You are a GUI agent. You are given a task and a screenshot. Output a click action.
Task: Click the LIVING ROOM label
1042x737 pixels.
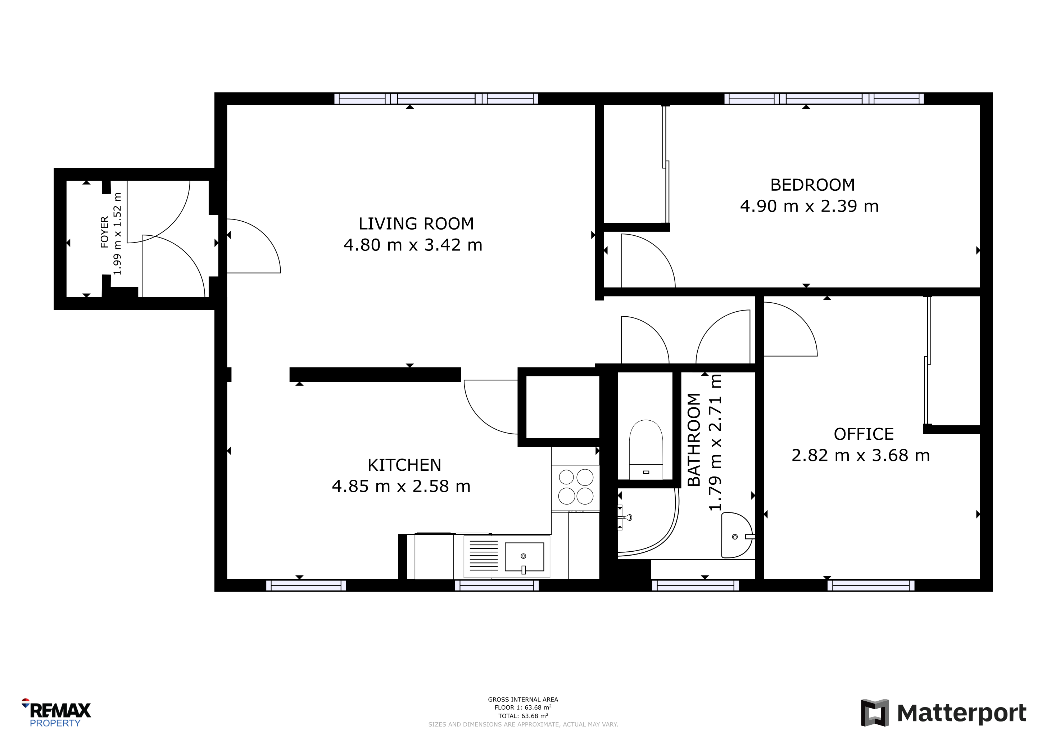[416, 224]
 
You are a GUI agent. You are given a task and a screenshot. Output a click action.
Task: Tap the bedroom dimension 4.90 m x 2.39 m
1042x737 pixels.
[809, 206]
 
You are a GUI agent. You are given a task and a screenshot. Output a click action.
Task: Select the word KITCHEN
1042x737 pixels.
[404, 465]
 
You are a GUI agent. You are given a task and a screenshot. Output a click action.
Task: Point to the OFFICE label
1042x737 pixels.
[864, 434]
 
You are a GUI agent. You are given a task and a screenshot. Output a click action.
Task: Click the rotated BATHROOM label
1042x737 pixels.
[694, 440]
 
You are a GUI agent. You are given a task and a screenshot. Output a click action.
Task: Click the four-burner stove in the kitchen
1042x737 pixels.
[575, 487]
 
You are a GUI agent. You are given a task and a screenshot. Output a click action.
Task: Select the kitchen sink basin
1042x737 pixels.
[524, 557]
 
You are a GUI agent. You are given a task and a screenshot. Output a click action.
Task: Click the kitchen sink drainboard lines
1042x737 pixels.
[484, 556]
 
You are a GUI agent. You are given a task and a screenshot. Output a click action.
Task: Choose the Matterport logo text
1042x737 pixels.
[962, 713]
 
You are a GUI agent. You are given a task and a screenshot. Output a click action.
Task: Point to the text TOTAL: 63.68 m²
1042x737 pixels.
[523, 716]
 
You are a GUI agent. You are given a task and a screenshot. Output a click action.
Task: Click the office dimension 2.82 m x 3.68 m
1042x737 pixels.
[860, 455]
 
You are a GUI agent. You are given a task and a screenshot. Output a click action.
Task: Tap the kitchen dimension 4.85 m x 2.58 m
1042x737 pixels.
[401, 486]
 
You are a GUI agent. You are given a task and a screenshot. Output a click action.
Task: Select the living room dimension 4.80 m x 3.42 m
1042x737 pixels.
[413, 245]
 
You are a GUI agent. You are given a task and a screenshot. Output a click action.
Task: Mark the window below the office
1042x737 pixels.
[871, 585]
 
